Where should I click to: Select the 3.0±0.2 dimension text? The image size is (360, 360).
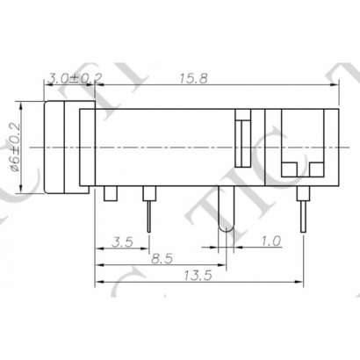pyautogui.click(x=76, y=79)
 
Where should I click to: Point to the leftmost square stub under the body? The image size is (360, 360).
pyautogui.click(x=110, y=194)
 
